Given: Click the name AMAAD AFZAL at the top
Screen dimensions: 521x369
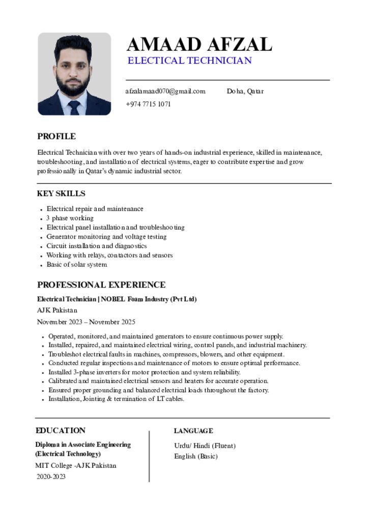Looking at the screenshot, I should [199, 45].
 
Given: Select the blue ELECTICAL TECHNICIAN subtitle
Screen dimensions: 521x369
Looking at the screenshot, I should [189, 61].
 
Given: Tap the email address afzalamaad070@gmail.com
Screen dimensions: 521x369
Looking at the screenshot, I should [165, 92].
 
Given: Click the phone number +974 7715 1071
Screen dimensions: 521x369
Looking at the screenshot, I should [148, 104].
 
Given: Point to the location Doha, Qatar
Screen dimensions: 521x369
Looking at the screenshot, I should [245, 92].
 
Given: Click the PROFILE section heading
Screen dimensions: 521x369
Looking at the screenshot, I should [56, 136].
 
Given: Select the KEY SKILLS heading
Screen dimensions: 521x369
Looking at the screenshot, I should [61, 194].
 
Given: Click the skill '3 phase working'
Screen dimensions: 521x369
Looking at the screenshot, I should [70, 218].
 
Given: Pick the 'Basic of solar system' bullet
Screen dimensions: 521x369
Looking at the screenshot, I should [77, 265].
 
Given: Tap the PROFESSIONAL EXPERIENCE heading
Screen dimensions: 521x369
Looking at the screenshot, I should [101, 285].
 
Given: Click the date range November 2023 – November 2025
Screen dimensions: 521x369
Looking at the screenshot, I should [86, 322].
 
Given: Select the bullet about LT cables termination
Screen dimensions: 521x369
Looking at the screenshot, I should [116, 399].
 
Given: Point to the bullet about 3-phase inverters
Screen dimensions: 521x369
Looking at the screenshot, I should [144, 372].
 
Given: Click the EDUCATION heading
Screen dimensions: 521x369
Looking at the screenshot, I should [61, 430].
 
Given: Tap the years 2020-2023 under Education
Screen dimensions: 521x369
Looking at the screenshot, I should [51, 477].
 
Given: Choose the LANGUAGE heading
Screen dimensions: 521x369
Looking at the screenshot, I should [193, 431].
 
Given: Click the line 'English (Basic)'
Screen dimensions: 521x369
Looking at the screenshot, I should [196, 456].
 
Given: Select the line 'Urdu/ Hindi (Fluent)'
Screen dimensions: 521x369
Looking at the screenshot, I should [205, 446].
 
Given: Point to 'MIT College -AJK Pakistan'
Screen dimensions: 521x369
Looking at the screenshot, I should [76, 466].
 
